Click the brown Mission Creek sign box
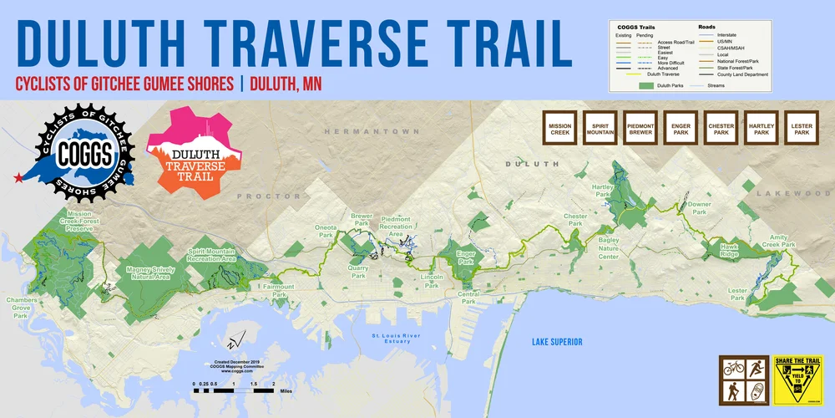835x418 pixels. [x=560, y=129]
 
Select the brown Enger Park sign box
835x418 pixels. [x=681, y=129]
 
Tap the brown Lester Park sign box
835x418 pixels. [x=802, y=129]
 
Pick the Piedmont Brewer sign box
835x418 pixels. [x=640, y=129]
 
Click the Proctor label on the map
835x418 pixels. [x=268, y=196]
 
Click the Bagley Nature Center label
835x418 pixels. [x=598, y=248]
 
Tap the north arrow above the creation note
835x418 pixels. [x=235, y=341]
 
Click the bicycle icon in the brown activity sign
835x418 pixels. [x=734, y=367]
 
